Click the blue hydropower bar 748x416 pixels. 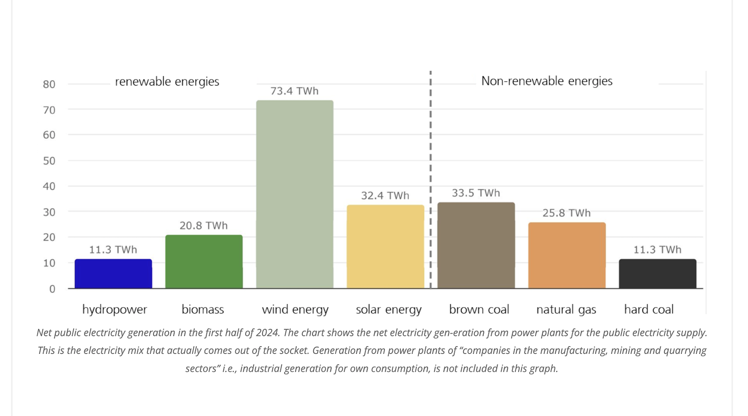[113, 274]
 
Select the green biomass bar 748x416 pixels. [204, 262]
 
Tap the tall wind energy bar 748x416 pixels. [295, 194]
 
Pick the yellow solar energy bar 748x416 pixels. [385, 246]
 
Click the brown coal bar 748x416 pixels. [476, 245]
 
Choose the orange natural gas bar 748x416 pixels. [567, 255]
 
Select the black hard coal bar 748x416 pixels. [657, 274]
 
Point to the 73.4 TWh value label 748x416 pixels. [294, 91]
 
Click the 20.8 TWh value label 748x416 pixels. [203, 226]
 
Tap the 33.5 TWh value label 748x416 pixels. [475, 193]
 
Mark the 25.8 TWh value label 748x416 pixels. [566, 213]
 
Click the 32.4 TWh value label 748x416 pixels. [385, 196]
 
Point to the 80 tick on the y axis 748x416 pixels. [49, 85]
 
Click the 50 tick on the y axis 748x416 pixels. [49, 161]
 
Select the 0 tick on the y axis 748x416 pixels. [52, 289]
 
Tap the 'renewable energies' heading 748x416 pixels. [167, 82]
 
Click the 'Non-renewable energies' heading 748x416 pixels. [547, 81]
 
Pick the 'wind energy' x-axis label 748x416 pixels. [295, 309]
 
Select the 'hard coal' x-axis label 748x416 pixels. [648, 309]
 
